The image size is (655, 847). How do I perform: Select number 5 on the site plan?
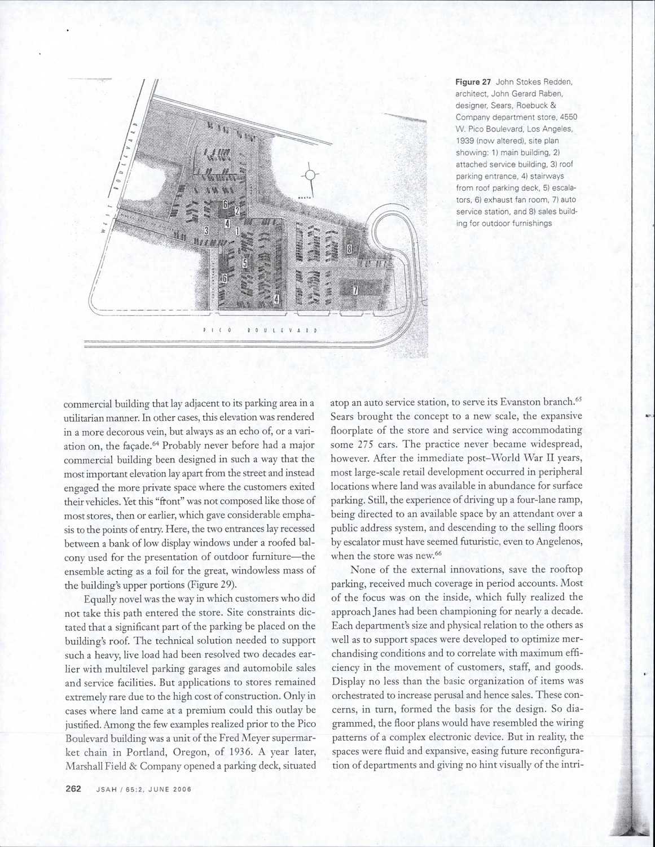(x=245, y=263)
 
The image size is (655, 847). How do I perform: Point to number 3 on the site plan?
(x=207, y=230)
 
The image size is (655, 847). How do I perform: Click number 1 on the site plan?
(x=237, y=230)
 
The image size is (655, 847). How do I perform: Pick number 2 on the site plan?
(x=237, y=211)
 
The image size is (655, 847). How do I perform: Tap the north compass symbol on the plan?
(x=310, y=176)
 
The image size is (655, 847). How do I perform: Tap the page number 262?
(x=73, y=789)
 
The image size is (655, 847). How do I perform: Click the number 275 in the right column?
(x=371, y=444)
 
